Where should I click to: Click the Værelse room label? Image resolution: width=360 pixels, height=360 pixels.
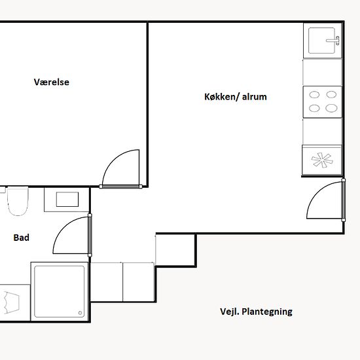pos(52,82)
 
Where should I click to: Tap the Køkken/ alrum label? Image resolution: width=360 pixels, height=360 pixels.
pos(236,97)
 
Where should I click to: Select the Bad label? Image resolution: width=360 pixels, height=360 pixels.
pos(22,238)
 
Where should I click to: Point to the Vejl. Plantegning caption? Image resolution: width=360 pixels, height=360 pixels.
pos(256,312)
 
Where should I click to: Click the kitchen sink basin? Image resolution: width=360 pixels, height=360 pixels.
pos(321,41)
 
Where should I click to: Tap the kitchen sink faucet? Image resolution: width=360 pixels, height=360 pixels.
pos(333,41)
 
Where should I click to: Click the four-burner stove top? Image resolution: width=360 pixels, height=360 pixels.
pos(323,101)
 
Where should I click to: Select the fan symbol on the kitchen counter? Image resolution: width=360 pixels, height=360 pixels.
pos(322,160)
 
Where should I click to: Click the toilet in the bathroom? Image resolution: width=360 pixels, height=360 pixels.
pos(18,201)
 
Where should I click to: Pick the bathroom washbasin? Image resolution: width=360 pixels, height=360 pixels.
pos(67,199)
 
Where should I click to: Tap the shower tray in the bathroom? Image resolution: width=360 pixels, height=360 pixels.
pos(60,291)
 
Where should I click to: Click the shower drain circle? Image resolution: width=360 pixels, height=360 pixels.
pos(80,313)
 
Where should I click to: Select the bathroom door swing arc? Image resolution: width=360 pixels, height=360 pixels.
pos(64,228)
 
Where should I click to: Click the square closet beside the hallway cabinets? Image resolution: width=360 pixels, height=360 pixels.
pos(175,250)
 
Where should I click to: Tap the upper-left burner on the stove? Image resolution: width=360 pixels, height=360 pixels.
pos(314,95)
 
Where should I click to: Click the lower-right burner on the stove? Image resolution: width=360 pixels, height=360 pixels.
pos(331,108)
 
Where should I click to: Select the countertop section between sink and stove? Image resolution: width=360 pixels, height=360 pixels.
pos(322,72)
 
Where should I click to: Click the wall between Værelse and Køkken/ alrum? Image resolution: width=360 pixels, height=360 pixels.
pos(147,105)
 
